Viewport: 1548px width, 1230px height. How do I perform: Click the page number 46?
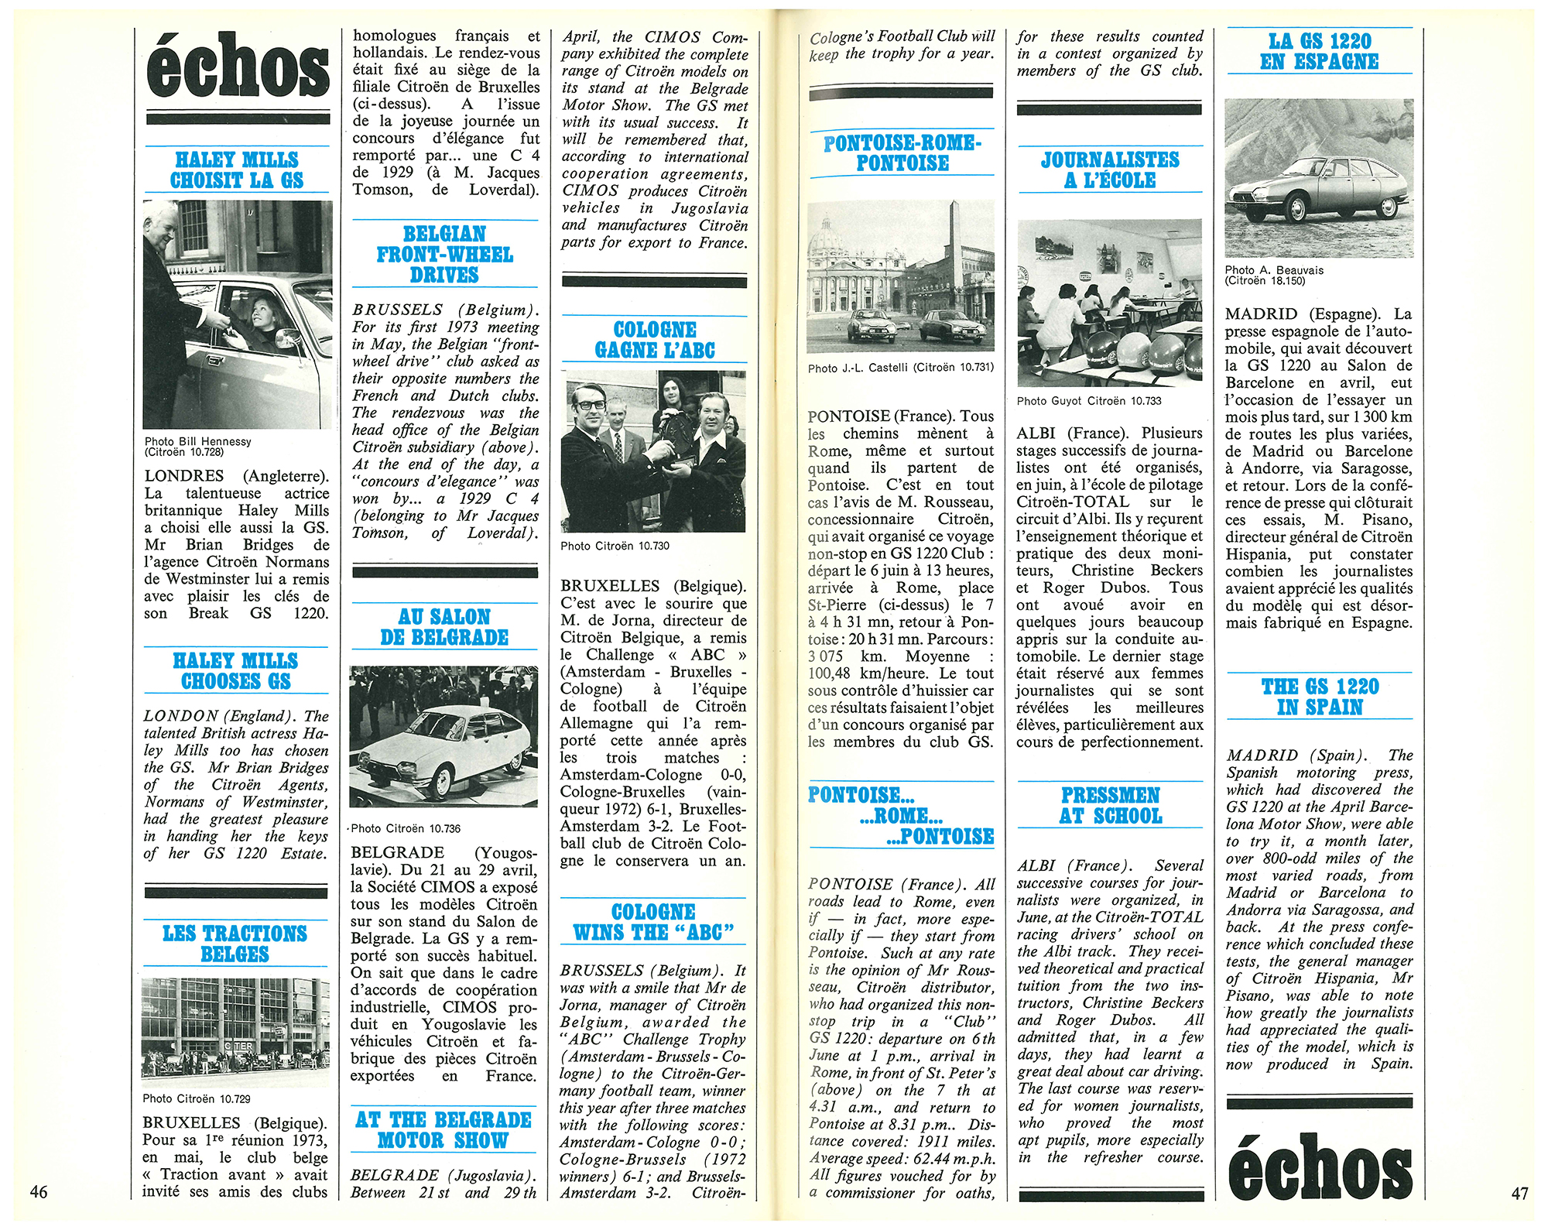coord(39,1191)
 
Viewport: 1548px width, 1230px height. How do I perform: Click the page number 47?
coord(1519,1193)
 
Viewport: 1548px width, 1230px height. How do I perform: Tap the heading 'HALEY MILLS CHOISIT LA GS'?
coord(237,170)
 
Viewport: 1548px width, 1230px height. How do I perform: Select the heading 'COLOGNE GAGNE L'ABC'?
coord(655,340)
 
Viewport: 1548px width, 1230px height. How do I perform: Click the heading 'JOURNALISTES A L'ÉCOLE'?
coord(1110,170)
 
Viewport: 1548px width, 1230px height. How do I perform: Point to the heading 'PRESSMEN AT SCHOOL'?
coord(1111,805)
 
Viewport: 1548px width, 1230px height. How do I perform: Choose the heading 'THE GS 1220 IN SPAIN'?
coord(1320,697)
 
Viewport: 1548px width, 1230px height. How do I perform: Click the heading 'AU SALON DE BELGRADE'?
coord(444,627)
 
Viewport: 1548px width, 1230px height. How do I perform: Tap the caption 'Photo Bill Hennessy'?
coord(198,441)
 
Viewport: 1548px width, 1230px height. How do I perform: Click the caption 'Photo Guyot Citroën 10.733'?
coord(1089,401)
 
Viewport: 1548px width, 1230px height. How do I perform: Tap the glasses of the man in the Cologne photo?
coord(592,404)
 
